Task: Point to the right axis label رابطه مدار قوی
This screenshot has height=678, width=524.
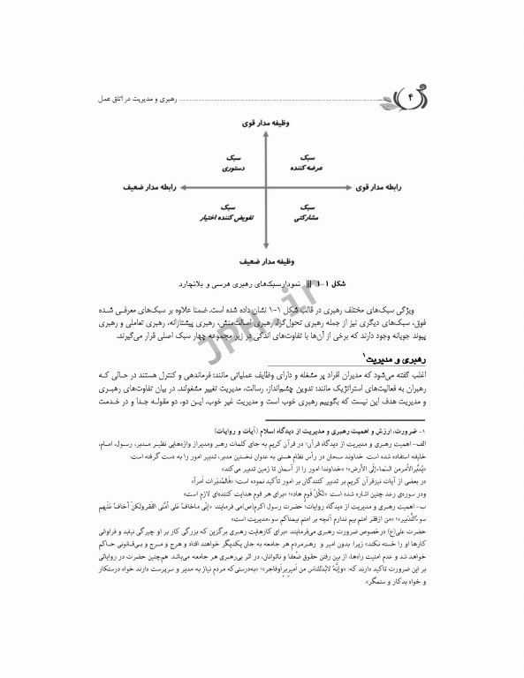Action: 381,188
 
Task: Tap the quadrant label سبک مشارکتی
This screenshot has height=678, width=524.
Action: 305,212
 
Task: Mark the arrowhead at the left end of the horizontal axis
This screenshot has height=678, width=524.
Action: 176,188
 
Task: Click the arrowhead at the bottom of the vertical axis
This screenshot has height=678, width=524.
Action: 262,250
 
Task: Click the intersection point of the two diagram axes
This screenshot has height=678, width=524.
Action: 262,188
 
